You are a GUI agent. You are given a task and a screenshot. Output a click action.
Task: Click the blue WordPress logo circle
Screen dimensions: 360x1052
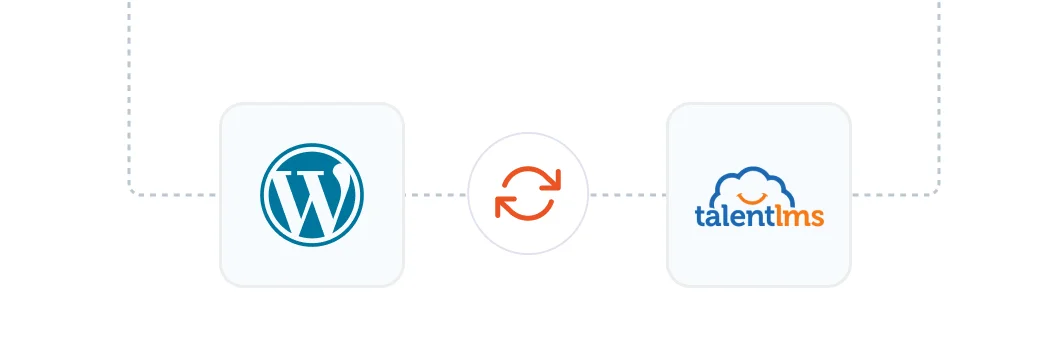pos(311,194)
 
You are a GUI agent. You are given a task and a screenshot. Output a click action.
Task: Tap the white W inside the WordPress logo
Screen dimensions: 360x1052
pos(311,197)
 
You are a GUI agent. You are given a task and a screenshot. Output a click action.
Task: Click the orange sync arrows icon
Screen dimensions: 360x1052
pos(528,194)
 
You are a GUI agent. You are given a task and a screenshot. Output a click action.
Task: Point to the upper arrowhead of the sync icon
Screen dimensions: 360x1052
pos(552,181)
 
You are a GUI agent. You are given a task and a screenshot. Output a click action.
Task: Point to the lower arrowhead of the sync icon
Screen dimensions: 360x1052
pos(504,207)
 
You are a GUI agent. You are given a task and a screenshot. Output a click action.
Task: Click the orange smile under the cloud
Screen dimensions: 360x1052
pos(757,197)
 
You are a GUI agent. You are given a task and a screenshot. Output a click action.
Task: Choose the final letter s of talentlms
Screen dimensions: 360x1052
pos(817,217)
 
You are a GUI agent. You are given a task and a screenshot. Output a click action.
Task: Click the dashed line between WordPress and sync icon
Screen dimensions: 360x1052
pos(436,195)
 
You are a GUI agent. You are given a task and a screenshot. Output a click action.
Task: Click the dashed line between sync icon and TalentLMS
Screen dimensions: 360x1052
pos(627,195)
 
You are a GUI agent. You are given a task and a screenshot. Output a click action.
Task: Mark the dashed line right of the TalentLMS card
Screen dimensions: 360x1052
pos(890,195)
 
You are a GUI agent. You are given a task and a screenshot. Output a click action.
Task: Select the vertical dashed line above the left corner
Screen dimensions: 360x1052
pos(129,90)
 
